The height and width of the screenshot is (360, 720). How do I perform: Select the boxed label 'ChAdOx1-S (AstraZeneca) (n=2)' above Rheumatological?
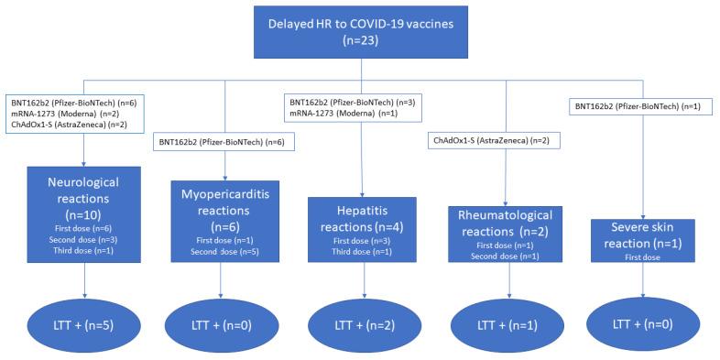pos(493,140)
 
